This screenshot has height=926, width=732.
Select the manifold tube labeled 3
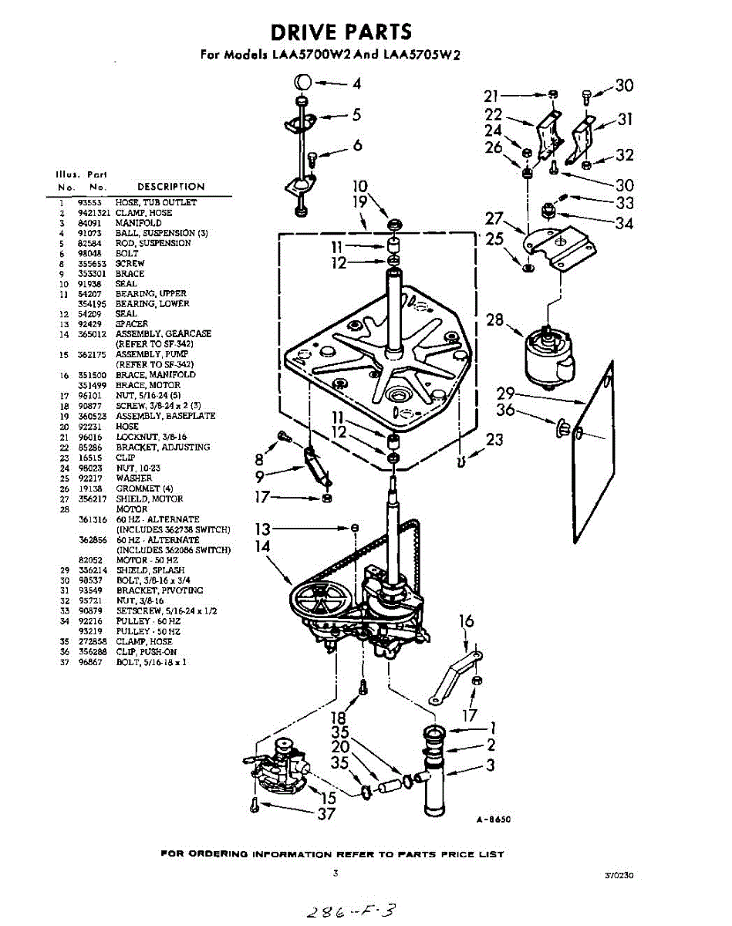tap(436, 779)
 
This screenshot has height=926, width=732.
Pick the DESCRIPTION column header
tap(170, 187)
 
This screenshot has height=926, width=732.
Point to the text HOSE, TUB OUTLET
tap(156, 202)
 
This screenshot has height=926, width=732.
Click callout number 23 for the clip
tap(494, 441)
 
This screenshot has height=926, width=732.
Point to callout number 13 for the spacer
tap(264, 529)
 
